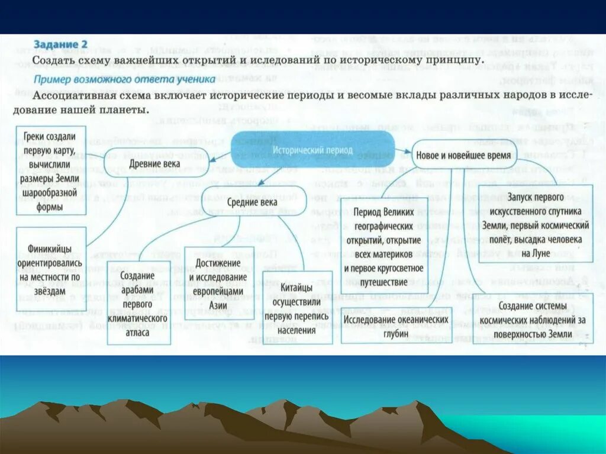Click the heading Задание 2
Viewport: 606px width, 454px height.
pyautogui.click(x=60, y=44)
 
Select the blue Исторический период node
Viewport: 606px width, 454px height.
pyautogui.click(x=312, y=149)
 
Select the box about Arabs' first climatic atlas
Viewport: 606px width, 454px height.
pyautogui.click(x=138, y=304)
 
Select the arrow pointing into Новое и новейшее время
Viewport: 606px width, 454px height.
pyautogui.click(x=405, y=152)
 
